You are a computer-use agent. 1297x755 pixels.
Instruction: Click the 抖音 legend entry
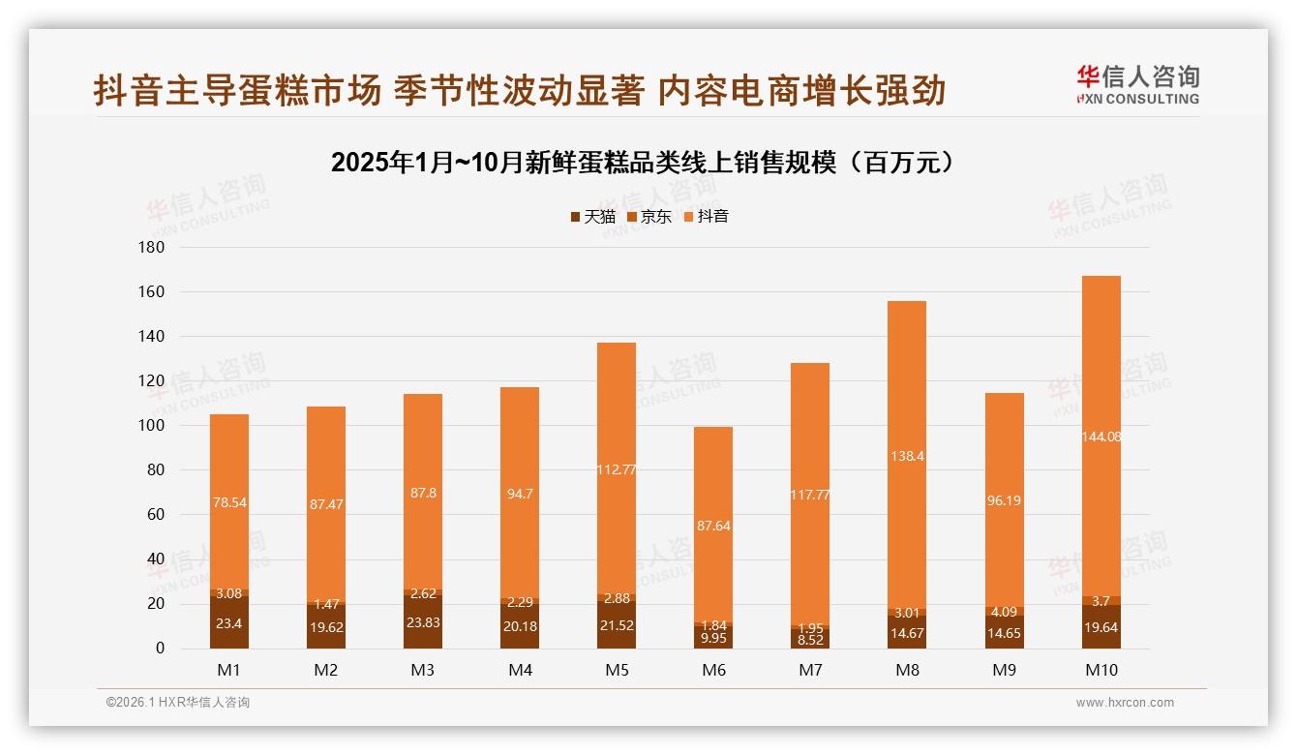706,216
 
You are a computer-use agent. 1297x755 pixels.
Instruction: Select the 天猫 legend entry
592,216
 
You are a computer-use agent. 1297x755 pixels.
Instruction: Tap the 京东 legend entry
648,216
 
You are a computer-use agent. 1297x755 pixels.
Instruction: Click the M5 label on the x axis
617,670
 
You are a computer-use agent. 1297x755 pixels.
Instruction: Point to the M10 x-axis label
1101,670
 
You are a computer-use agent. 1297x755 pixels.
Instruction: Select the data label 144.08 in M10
1101,437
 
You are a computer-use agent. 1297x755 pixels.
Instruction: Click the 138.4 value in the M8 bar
907,456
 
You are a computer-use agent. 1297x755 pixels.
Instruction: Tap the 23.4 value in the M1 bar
229,623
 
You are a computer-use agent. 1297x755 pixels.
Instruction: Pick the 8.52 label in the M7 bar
810,640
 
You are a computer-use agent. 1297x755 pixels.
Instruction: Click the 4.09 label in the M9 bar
1004,612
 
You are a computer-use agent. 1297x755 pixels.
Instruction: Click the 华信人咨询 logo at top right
1137,85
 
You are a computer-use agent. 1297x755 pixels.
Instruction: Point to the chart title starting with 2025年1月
647,162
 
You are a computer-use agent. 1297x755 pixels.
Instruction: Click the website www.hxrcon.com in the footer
1125,703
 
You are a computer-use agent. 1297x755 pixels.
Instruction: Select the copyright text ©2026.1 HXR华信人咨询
178,703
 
